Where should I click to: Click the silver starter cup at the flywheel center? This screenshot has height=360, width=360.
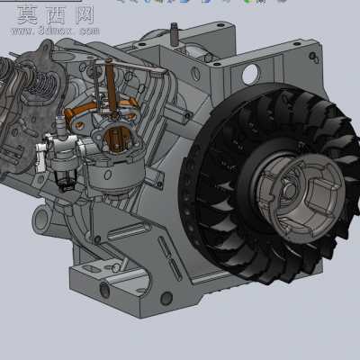300,194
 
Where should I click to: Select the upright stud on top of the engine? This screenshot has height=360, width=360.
175,34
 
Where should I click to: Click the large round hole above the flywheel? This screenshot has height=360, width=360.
250,74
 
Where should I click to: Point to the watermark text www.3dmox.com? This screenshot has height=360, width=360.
56,31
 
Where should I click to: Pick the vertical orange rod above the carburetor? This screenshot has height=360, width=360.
110,87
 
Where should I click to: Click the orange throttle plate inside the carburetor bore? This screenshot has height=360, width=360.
116,138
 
